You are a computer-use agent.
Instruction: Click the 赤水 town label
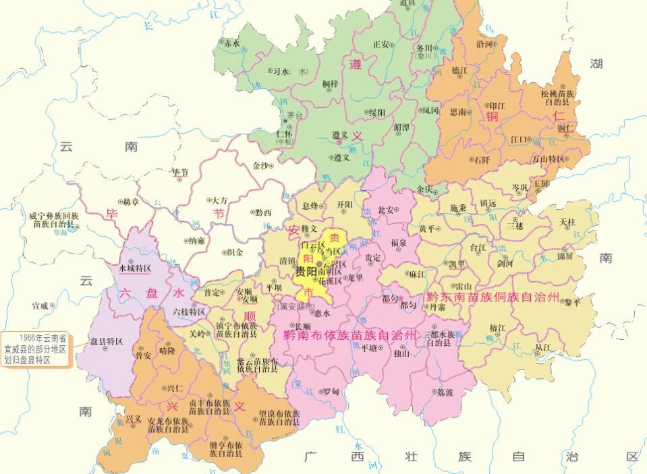[x=232, y=42]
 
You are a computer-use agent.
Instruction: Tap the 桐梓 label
[x=330, y=84]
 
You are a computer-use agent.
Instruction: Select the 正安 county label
[x=381, y=45]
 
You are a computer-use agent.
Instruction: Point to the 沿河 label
[x=484, y=45]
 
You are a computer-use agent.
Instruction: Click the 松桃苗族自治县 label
[x=557, y=97]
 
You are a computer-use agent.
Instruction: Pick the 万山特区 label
[x=547, y=159]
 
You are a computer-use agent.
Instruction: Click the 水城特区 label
[x=134, y=268]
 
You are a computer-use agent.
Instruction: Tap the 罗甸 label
[x=330, y=391]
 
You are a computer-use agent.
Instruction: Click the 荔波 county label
[x=446, y=392]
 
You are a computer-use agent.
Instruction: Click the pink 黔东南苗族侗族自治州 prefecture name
[x=493, y=297]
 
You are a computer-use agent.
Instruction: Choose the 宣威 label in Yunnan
[x=40, y=305]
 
